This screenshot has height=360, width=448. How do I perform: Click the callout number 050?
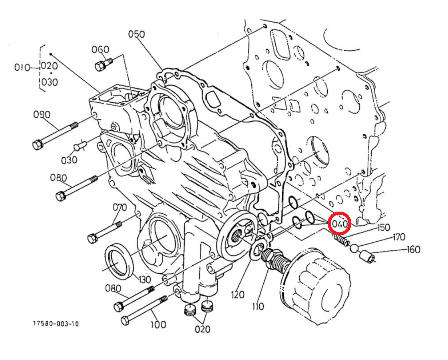(x=136, y=34)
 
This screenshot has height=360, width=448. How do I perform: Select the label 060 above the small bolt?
(x=100, y=50)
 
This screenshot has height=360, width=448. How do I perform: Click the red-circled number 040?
(x=339, y=223)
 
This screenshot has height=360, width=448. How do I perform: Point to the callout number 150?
(x=382, y=228)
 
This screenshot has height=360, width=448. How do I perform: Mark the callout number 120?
(x=237, y=295)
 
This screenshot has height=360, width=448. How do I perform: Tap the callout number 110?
(x=258, y=306)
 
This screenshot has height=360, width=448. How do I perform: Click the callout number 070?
(x=119, y=208)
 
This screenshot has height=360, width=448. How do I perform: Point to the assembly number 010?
(x=22, y=67)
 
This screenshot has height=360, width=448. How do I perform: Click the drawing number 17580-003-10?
(x=56, y=323)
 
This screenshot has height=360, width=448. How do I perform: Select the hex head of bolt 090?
(x=38, y=145)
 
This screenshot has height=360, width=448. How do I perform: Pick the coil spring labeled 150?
(x=341, y=240)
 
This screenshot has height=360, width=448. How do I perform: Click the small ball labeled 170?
(x=354, y=248)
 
